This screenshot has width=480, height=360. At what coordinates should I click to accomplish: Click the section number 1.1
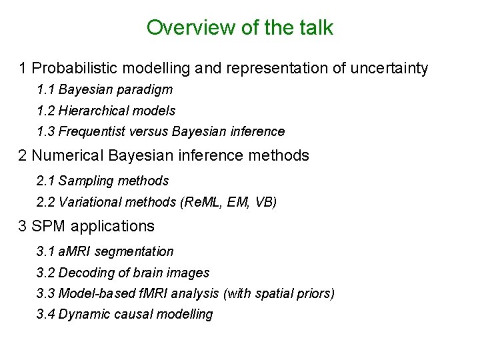[46, 89]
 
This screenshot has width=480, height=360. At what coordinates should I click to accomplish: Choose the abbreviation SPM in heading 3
[47, 227]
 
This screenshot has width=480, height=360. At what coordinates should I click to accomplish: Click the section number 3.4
[46, 314]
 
